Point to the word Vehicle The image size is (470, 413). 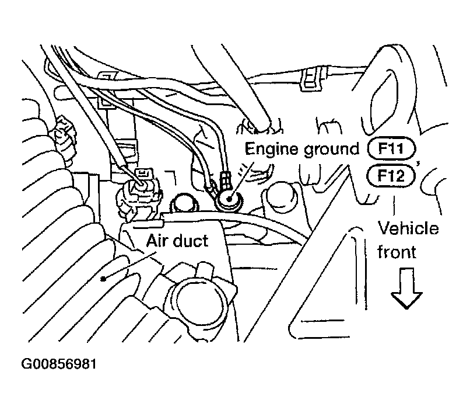[x=409, y=228]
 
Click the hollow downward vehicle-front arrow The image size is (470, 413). [x=406, y=290]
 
